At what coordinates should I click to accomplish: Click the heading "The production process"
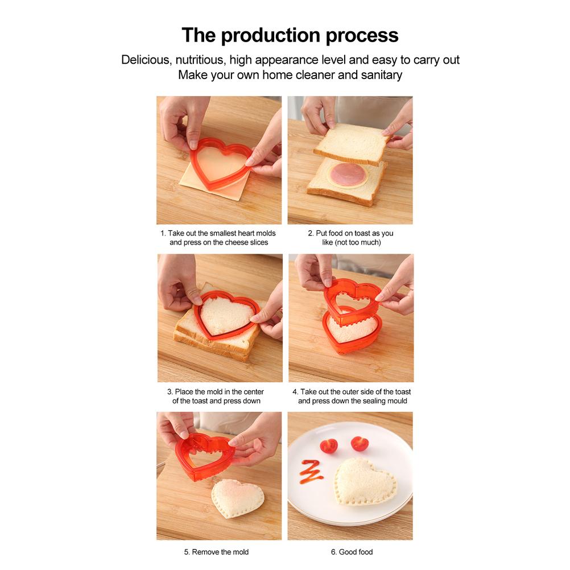(x=290, y=35)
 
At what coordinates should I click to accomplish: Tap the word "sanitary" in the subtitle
(x=381, y=75)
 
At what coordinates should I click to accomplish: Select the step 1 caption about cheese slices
(x=219, y=238)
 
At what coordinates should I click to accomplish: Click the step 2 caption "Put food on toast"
(x=350, y=238)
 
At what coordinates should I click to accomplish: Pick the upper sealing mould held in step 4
(x=352, y=294)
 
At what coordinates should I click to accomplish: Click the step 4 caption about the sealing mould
(x=352, y=396)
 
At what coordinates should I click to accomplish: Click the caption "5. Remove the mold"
(x=216, y=552)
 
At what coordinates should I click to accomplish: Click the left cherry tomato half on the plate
(x=328, y=445)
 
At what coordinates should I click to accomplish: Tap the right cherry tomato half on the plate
(x=358, y=443)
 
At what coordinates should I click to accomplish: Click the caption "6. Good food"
(x=352, y=552)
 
